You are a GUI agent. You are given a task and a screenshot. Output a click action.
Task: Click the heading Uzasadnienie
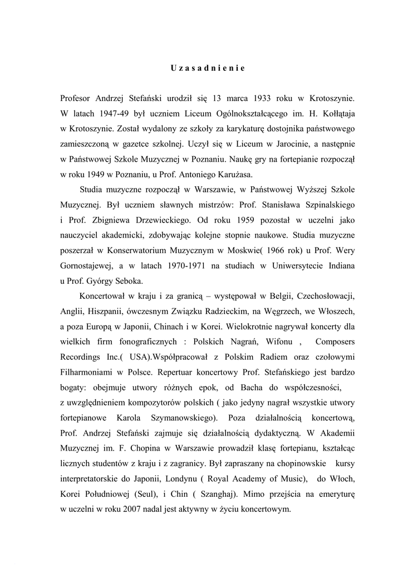[x=208, y=69]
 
